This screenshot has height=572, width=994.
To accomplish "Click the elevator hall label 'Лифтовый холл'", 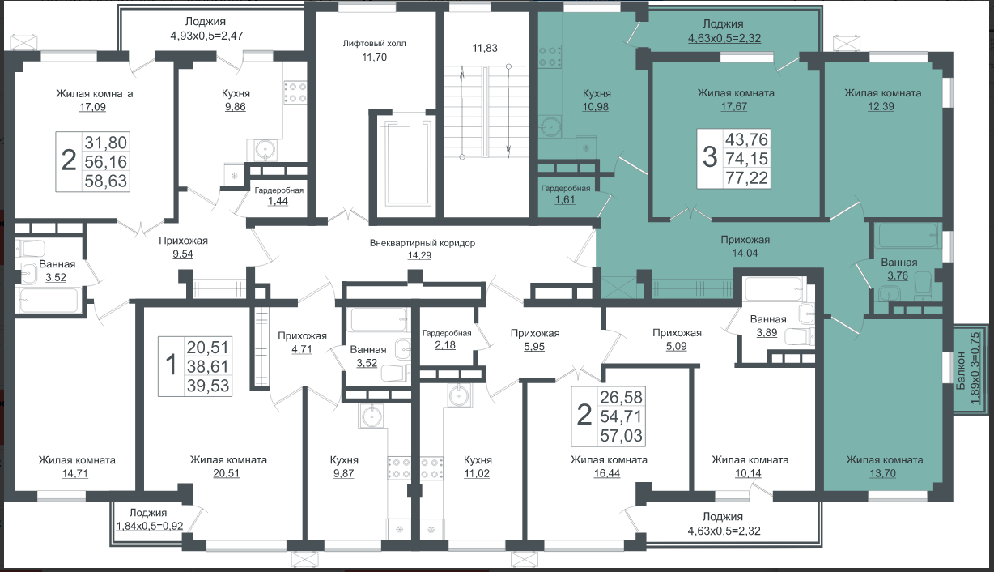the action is point(374,44).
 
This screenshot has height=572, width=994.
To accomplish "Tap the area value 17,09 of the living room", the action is point(93,107).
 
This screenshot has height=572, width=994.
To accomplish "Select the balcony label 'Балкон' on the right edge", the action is point(960,371).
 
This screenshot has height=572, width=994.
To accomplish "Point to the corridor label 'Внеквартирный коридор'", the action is point(423,243).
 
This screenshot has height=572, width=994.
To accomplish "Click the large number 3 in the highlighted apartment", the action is point(710,157).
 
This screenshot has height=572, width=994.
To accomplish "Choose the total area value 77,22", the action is point(746,177).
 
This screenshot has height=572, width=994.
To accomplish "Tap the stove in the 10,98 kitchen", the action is point(550,57).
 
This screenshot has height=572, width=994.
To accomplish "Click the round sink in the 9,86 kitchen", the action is point(265,149).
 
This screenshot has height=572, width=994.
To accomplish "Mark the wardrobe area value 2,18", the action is point(445,345).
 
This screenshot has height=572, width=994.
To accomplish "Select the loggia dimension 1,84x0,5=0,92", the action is point(150,527).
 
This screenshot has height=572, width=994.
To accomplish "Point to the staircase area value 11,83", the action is point(485,48).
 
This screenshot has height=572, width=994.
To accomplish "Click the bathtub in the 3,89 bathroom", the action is point(775,288).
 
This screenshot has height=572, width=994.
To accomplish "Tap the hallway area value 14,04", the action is point(745,253).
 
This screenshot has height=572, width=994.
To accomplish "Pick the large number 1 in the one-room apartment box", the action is point(171,365).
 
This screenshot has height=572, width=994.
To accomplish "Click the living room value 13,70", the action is point(882,473).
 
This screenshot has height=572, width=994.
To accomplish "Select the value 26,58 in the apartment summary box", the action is point(621,397).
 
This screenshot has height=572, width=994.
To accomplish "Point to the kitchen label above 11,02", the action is point(478,459).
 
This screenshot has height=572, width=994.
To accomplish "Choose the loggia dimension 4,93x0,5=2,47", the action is point(206,36).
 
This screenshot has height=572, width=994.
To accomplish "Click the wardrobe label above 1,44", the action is point(278,190).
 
